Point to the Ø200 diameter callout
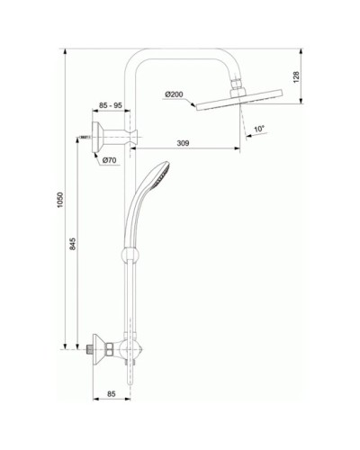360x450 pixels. coord(175,93)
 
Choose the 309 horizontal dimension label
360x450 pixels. coord(184,142)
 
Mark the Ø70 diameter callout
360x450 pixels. coord(111,160)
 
